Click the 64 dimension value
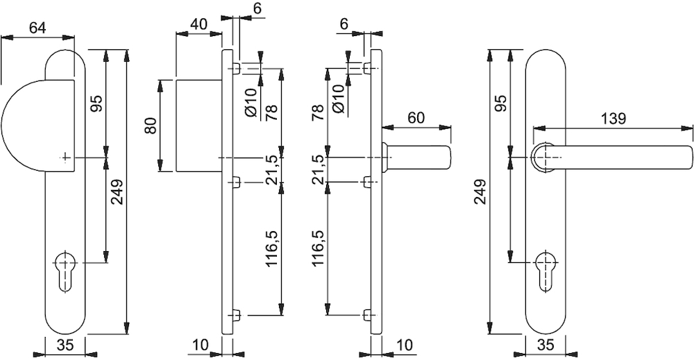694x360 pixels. tap(37, 28)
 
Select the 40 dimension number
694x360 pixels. tap(198, 24)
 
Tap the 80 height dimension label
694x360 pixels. tap(151, 126)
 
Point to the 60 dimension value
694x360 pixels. tap(416, 118)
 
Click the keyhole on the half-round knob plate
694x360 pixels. tap(65, 271)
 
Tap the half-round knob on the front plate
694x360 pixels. tap(37, 126)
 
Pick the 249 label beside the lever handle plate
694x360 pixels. tap(480, 191)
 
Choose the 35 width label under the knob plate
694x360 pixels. tap(65, 345)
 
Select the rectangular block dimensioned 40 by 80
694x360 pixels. tap(198, 126)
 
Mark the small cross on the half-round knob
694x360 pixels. tap(65, 157)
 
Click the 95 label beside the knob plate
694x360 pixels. tap(97, 103)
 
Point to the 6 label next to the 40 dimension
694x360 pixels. tap(257, 9)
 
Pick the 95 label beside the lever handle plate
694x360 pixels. tap(500, 103)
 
